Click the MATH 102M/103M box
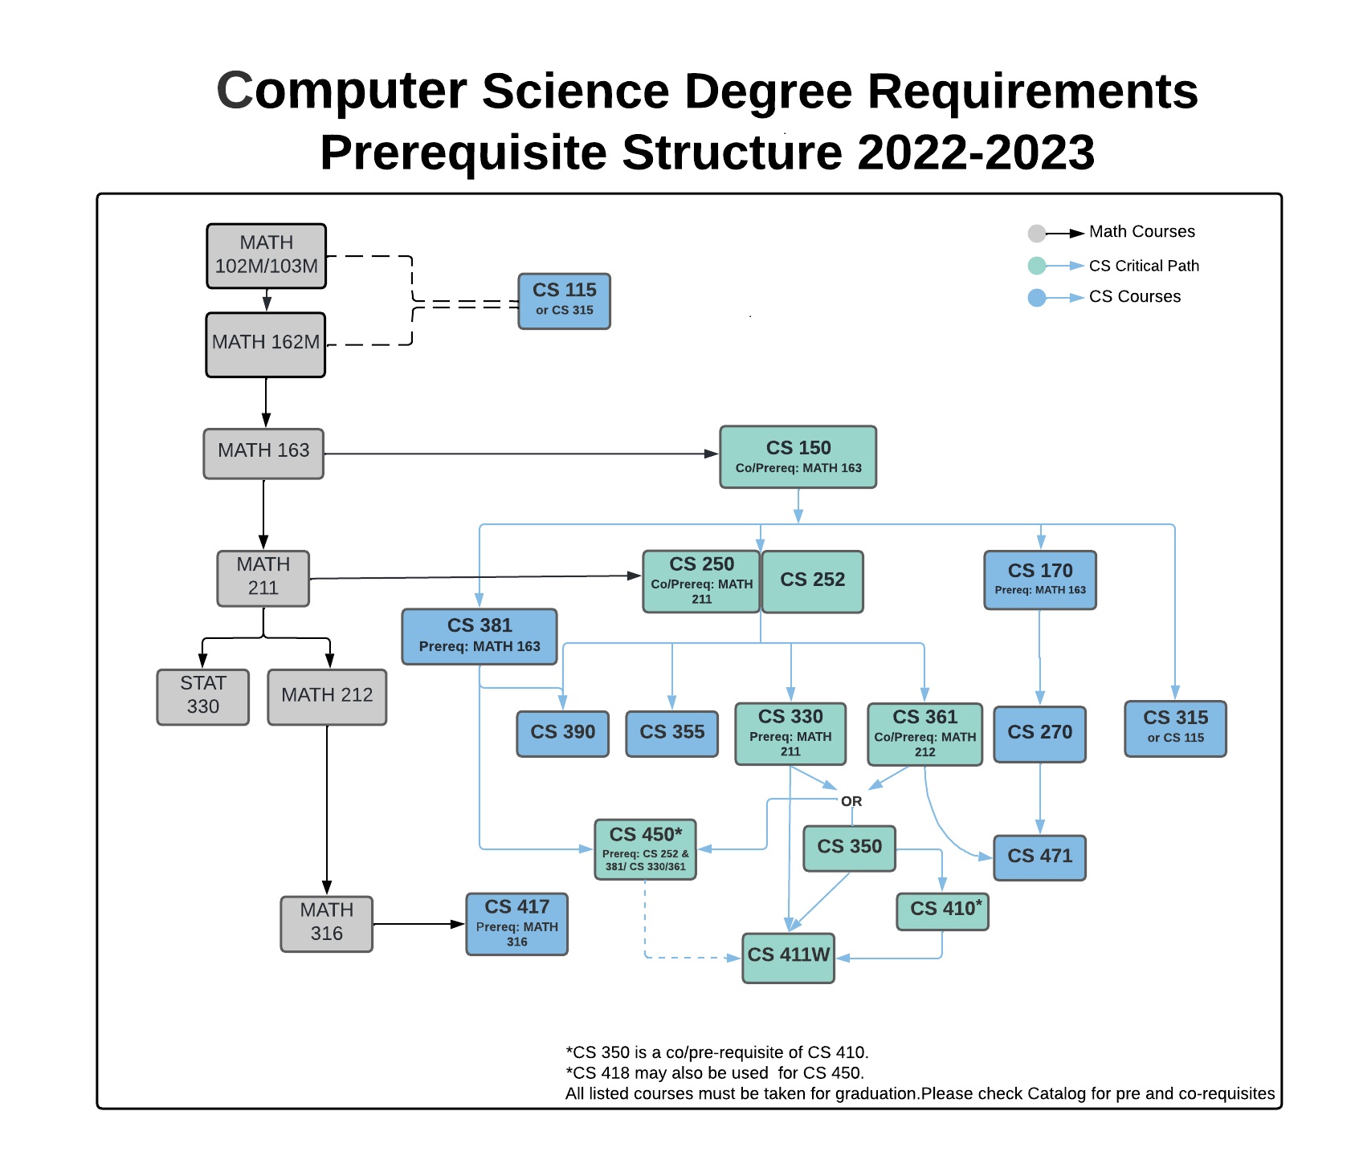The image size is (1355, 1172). click(266, 255)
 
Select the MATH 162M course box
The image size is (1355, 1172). click(266, 344)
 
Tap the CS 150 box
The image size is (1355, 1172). click(798, 457)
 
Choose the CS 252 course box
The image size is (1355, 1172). click(812, 581)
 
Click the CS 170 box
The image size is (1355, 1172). click(1040, 580)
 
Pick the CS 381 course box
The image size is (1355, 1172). click(480, 636)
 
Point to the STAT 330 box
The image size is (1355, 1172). click(202, 696)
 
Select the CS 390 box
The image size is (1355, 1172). click(562, 733)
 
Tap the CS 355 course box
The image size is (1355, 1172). click(671, 733)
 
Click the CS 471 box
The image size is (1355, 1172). click(1039, 857)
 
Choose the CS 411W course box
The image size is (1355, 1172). click(788, 957)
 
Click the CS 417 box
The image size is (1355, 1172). click(516, 924)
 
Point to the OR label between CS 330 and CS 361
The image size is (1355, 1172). click(851, 801)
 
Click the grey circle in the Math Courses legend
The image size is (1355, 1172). click(1037, 234)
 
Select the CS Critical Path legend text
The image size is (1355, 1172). click(1144, 266)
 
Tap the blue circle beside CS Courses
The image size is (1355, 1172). click(1037, 298)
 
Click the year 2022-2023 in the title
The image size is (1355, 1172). click(975, 153)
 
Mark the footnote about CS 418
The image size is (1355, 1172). click(715, 1072)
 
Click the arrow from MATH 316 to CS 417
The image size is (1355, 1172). click(418, 924)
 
